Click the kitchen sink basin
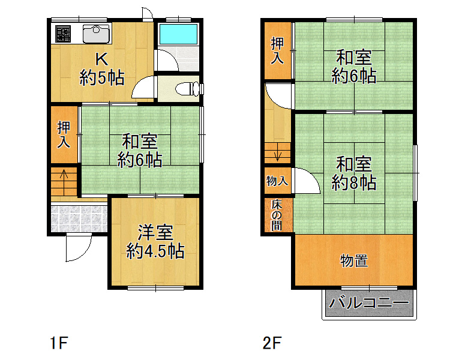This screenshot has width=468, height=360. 96,34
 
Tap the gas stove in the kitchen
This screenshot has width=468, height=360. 63,34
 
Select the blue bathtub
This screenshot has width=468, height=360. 178,34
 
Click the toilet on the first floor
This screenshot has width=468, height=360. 187,89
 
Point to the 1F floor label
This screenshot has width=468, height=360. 59,343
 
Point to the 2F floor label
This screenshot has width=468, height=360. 272,343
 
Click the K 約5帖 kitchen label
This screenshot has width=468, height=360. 102,69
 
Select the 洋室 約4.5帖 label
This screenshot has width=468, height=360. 155,242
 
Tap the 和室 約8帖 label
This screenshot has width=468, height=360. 354,173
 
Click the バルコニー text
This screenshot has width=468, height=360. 369,303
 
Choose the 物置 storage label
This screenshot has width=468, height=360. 354,261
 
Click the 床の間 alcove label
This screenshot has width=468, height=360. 277,215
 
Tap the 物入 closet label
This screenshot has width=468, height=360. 277,181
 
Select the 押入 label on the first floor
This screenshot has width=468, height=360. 64,134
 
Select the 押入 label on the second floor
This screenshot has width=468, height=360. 277,51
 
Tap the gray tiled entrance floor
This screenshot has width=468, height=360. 79,219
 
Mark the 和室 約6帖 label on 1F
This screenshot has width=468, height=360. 140,151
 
